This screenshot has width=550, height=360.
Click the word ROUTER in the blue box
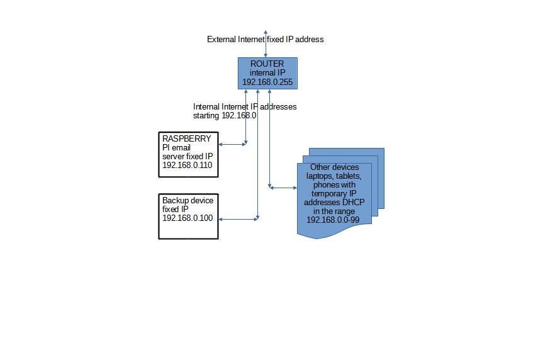coord(267,64)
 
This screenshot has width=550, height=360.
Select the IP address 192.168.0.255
coord(267,82)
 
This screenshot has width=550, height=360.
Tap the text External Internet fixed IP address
coord(265,39)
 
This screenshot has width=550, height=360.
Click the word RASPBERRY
coord(181,138)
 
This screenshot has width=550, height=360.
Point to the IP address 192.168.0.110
coord(187,165)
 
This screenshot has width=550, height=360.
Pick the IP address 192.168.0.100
coord(187,218)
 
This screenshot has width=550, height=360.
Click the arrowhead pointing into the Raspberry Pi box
coord(221,144)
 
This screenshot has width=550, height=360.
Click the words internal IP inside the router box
coord(267,74)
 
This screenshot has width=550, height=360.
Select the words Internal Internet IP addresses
coord(245,106)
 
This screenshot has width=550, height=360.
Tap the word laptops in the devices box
coord(320,176)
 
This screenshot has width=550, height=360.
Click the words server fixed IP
coord(188,156)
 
